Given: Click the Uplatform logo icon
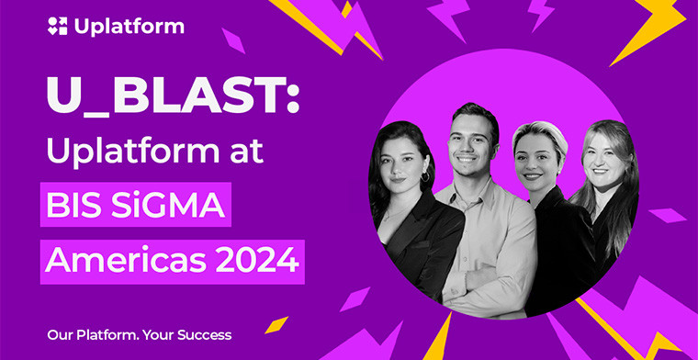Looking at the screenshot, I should [58, 26].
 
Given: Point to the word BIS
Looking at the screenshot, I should [81, 204].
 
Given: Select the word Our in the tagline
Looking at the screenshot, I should [60, 335].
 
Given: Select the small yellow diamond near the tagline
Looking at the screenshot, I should [276, 324].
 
